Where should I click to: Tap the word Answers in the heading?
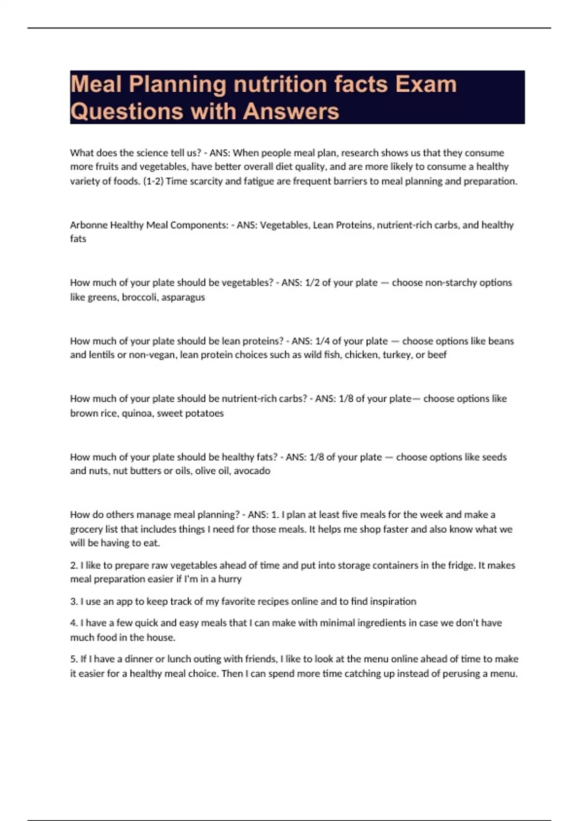click(x=291, y=111)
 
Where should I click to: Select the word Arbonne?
click(x=89, y=225)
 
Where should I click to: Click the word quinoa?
click(x=137, y=413)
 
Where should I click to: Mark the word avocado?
click(x=252, y=471)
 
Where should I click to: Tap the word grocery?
click(x=86, y=529)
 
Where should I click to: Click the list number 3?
click(x=73, y=602)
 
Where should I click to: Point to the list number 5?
click(x=73, y=659)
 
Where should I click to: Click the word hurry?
click(x=230, y=579)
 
